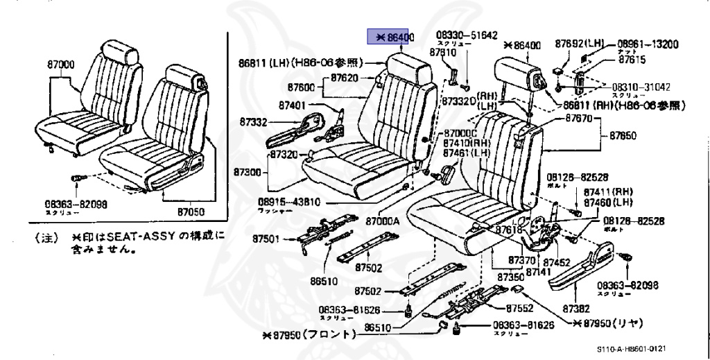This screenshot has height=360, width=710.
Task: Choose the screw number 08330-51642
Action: click(466, 35)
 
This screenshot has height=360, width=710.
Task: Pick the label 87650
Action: click(622, 137)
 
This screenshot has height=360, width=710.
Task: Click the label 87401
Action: click(293, 105)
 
